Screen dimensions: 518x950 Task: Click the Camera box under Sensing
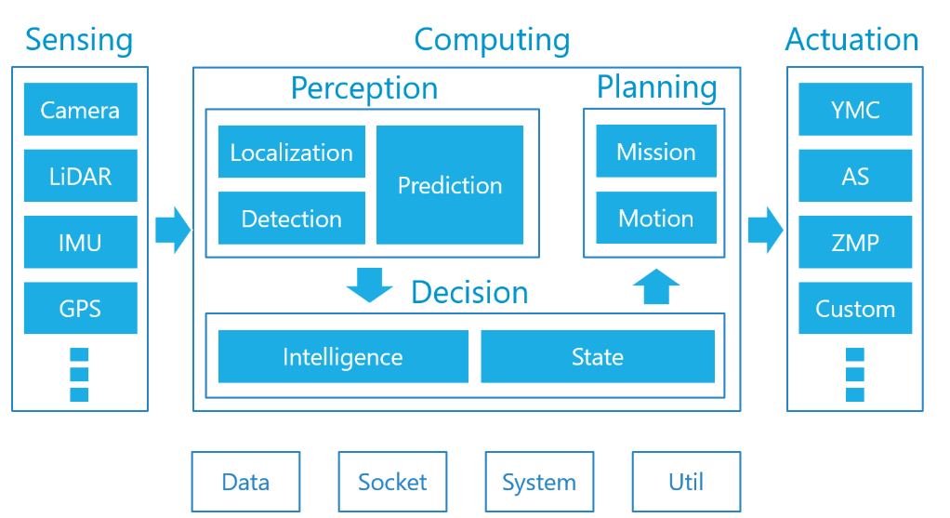point(80,110)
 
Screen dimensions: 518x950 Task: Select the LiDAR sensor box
point(80,176)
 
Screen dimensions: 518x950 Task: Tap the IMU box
point(80,243)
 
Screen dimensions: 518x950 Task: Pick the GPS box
point(80,308)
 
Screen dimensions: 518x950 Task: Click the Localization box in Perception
point(291,152)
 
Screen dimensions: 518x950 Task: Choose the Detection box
point(291,219)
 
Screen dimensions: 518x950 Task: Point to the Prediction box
point(450,185)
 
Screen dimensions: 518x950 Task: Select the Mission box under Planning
point(656,152)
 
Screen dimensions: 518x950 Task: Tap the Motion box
point(656,219)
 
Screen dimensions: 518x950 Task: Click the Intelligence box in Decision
point(343,357)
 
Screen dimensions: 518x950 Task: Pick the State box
point(597,357)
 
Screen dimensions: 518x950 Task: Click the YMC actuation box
point(855,110)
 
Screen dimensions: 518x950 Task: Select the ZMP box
point(855,243)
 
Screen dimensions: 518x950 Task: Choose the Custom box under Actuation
point(855,308)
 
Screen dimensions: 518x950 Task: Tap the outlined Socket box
point(392,482)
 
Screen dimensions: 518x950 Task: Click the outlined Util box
point(686,482)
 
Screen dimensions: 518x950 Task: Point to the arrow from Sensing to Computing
point(172,229)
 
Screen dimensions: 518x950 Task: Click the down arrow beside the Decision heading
point(369,285)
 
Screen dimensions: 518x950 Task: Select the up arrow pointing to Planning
point(656,286)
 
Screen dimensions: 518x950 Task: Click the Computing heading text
point(492,40)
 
